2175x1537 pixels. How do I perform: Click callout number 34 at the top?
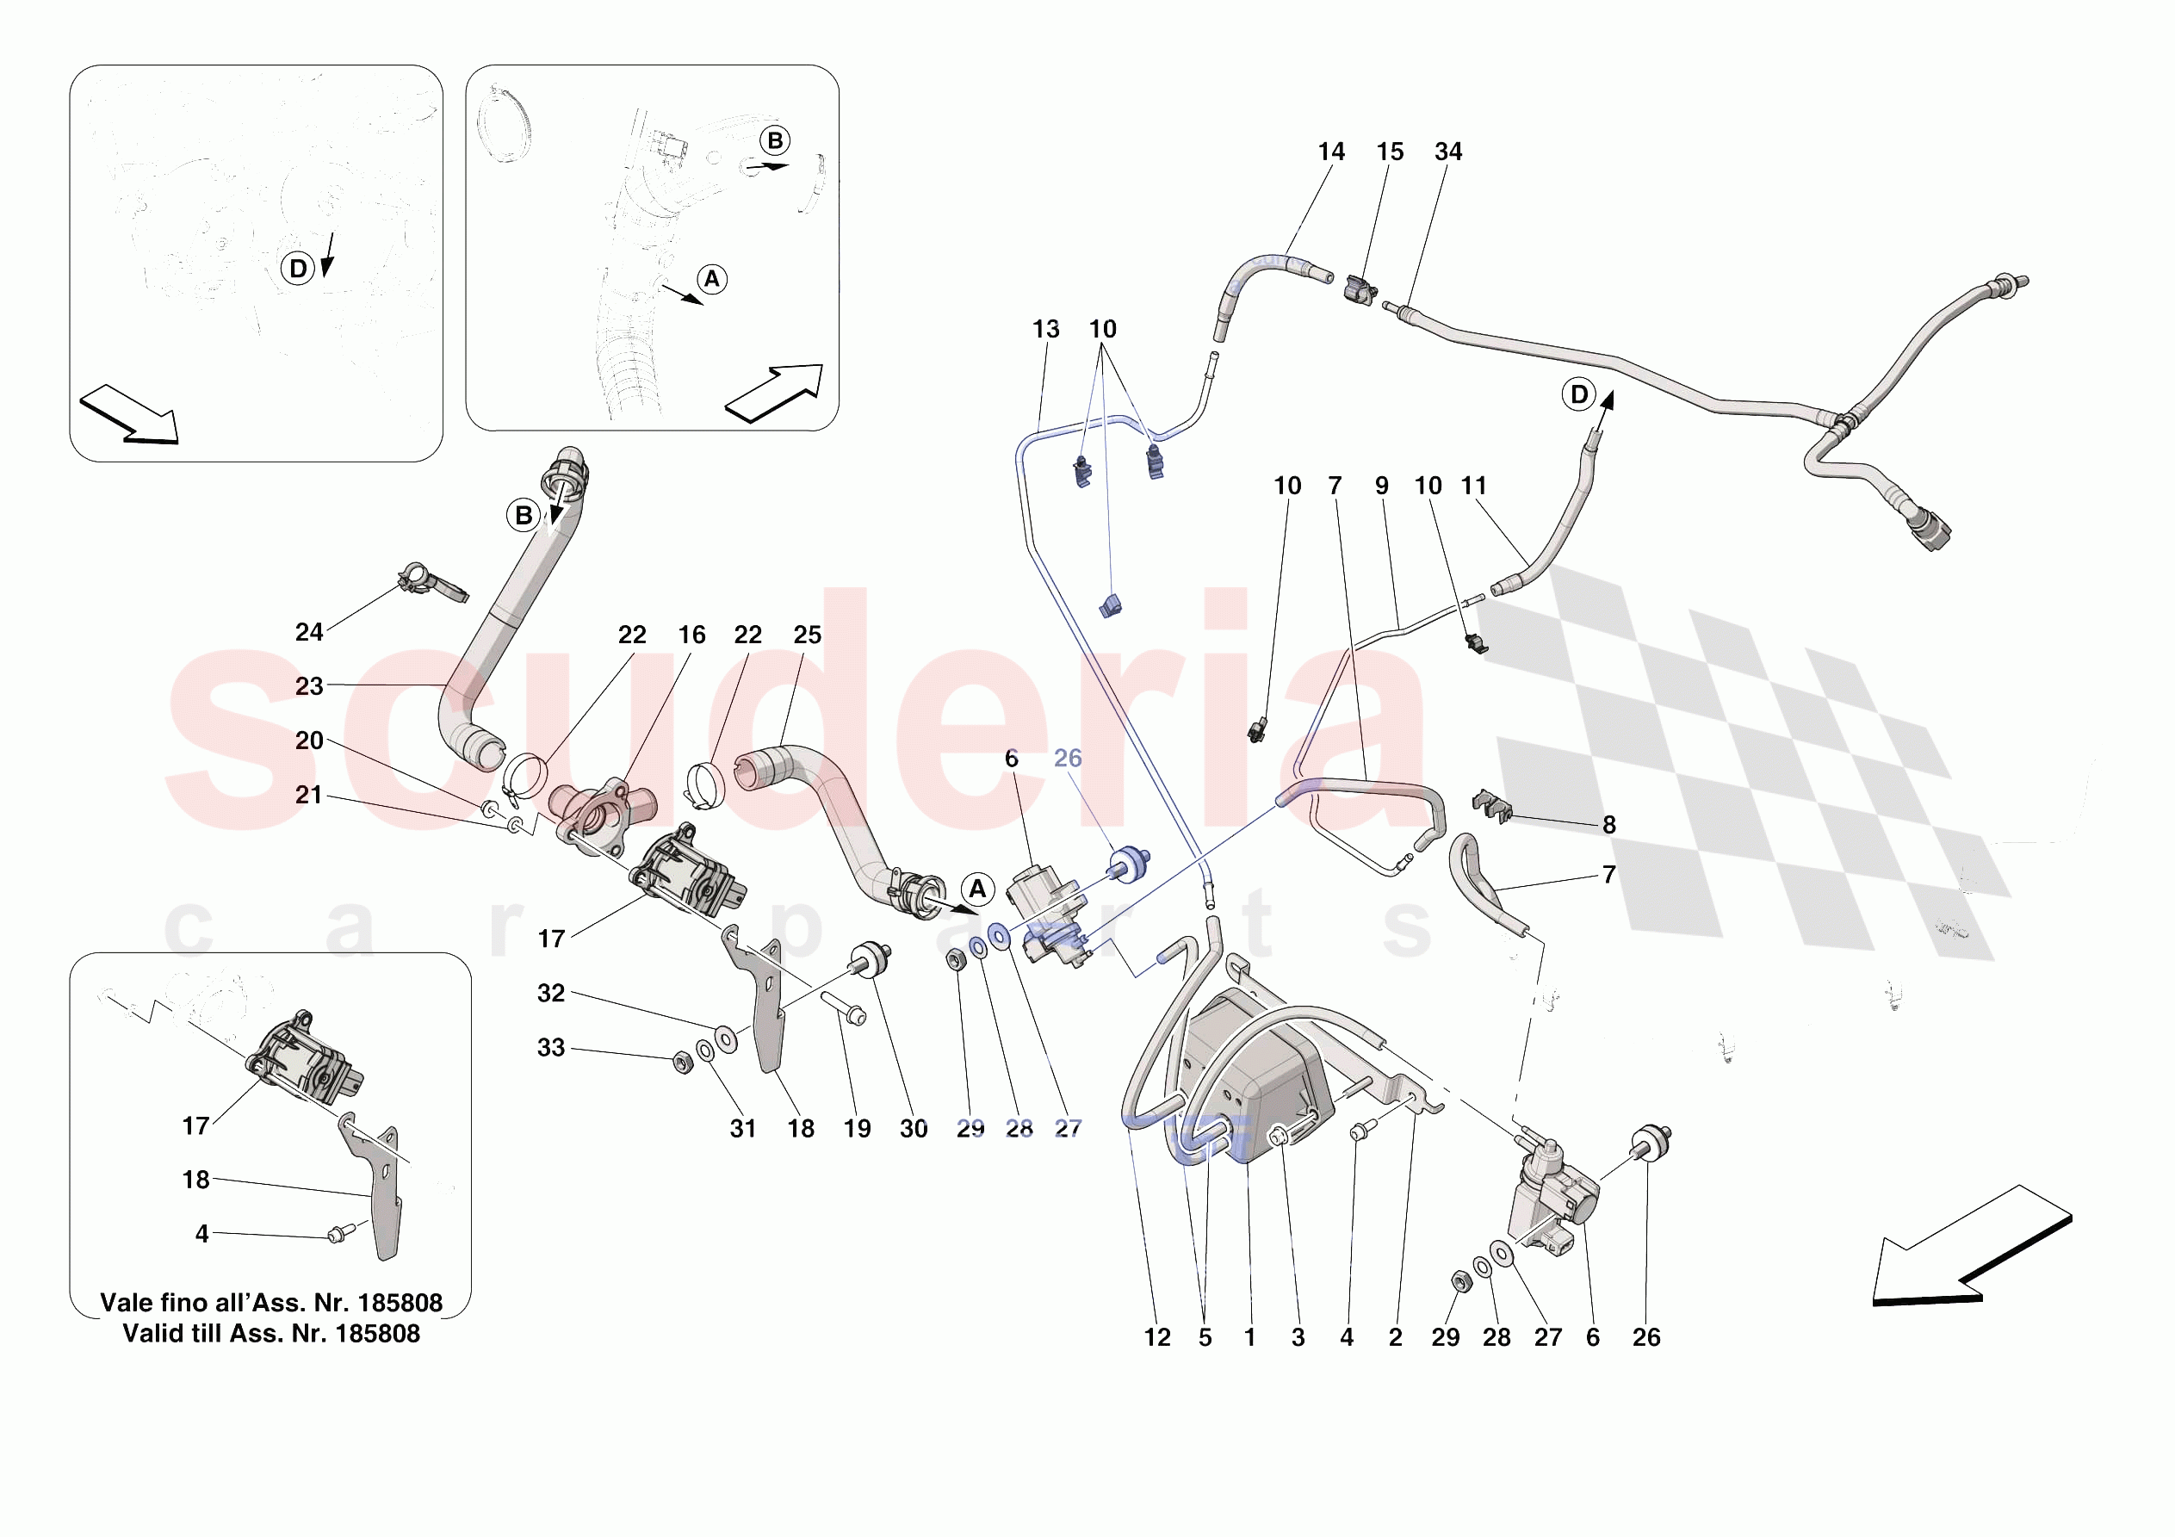click(x=1447, y=152)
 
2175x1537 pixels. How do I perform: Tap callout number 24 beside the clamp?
click(x=309, y=632)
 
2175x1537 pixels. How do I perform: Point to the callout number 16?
click(x=691, y=635)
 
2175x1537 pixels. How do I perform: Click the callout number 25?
click(x=807, y=635)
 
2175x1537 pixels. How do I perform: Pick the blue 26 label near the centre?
click(x=1068, y=758)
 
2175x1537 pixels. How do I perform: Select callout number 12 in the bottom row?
click(x=1156, y=1337)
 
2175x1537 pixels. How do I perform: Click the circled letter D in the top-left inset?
click(x=297, y=268)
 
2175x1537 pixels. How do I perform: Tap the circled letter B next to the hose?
click(x=523, y=516)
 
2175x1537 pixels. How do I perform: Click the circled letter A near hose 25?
click(x=977, y=889)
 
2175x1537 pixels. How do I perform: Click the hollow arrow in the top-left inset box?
click(x=129, y=414)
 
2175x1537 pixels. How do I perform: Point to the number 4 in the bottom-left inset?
click(x=201, y=1234)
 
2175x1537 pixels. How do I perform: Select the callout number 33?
click(x=550, y=1047)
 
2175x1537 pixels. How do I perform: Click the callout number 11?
click(x=1473, y=485)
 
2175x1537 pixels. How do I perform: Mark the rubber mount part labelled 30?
click(x=870, y=956)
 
